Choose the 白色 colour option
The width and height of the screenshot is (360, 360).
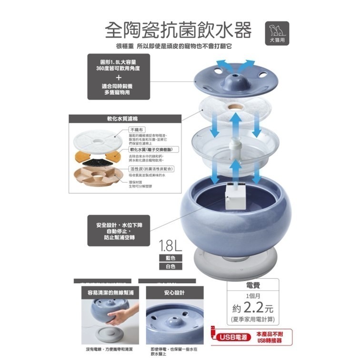coord(170,267)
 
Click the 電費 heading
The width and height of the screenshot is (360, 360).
coord(253,285)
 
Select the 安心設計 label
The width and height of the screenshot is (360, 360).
coord(174,292)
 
